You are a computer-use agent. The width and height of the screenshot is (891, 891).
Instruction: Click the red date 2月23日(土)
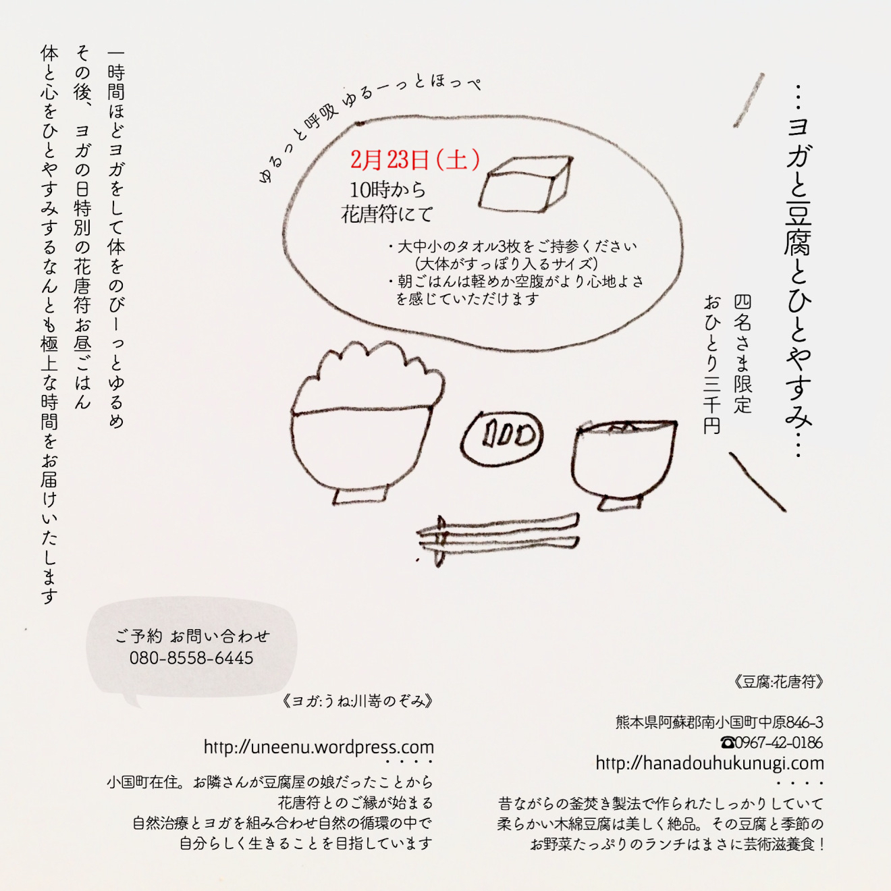click(414, 160)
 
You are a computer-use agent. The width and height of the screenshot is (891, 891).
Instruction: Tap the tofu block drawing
click(525, 184)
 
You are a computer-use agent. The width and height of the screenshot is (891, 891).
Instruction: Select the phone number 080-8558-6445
click(192, 658)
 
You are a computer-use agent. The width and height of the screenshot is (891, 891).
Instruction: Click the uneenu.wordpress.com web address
click(319, 747)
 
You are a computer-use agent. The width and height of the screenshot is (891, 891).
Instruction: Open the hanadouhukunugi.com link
click(709, 763)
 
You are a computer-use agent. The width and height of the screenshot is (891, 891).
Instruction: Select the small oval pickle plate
click(502, 437)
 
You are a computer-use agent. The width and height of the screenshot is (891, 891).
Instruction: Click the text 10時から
click(387, 190)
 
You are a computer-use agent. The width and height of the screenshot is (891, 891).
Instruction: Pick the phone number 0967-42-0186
click(772, 742)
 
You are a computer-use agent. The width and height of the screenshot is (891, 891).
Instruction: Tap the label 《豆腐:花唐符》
click(779, 682)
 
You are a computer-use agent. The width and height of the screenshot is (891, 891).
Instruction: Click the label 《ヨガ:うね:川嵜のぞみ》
click(358, 701)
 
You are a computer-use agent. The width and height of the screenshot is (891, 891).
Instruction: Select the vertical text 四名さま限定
click(742, 354)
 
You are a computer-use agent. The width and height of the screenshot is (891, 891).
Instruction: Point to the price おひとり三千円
click(712, 364)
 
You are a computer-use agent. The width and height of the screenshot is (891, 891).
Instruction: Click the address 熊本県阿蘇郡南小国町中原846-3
click(720, 722)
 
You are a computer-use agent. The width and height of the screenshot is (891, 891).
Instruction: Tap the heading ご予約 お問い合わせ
click(192, 637)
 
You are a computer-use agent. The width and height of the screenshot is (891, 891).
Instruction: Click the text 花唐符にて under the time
click(387, 214)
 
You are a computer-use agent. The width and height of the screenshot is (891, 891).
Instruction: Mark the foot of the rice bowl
click(360, 495)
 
